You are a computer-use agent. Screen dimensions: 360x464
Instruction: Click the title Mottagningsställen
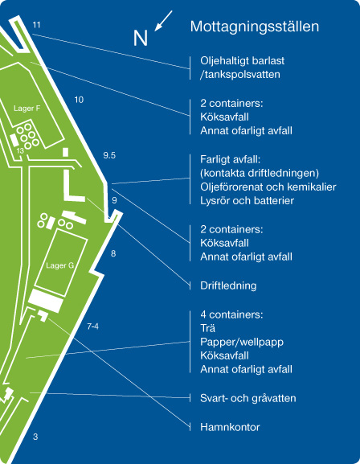(255, 27)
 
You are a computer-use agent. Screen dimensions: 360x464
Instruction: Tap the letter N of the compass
(140, 38)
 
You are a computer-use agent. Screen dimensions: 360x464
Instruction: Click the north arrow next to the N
(163, 21)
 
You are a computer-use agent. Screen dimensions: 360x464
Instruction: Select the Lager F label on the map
(27, 109)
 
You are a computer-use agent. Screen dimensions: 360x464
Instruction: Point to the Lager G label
(59, 265)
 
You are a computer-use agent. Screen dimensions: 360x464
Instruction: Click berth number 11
(36, 25)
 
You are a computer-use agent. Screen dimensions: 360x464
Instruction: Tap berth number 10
(79, 100)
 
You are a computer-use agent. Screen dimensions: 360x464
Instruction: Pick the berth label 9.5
(109, 155)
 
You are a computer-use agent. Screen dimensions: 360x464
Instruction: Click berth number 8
(113, 253)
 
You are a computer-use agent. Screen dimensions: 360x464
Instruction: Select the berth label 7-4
(93, 326)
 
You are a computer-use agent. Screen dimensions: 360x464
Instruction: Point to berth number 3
(35, 437)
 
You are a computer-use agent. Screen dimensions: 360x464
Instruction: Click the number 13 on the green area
(20, 150)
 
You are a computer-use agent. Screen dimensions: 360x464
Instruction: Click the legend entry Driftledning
(228, 285)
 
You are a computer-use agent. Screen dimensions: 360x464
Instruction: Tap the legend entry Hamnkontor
(230, 427)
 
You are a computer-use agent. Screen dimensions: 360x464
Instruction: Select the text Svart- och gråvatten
(247, 398)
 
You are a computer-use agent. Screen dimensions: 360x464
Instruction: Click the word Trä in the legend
(207, 328)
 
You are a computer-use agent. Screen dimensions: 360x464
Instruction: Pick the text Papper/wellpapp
(242, 342)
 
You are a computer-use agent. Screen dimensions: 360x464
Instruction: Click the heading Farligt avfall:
(230, 160)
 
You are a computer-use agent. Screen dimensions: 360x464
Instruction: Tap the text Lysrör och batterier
(247, 200)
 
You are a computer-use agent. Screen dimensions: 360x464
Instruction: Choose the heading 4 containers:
(231, 314)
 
